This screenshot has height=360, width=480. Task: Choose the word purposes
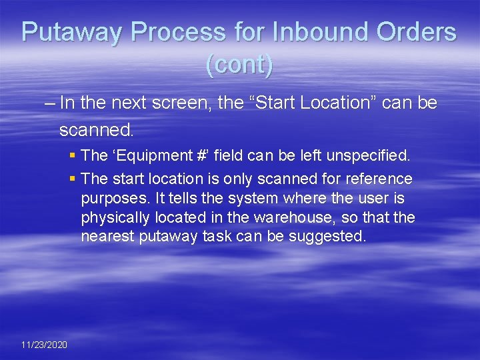(x=110, y=198)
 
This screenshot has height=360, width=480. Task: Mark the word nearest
(x=108, y=237)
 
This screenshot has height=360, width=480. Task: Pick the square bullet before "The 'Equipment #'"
(x=72, y=156)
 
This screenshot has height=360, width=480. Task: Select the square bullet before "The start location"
(x=72, y=179)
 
